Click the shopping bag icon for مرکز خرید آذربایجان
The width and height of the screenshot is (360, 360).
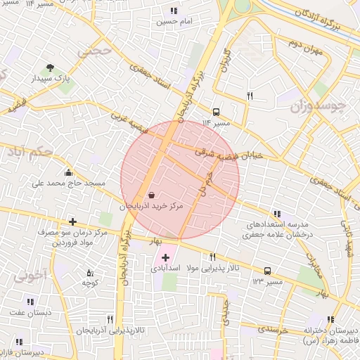(153, 195)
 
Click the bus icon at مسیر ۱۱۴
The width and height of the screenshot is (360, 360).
(216, 111)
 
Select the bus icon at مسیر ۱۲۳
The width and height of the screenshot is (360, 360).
(267, 271)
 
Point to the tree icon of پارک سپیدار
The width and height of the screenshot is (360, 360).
(50, 67)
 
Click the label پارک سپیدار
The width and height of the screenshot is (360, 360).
(49, 79)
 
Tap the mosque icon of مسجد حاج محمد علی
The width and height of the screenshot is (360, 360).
(68, 172)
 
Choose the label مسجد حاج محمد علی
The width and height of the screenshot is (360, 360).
(67, 184)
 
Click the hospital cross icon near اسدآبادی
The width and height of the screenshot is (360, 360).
(165, 259)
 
